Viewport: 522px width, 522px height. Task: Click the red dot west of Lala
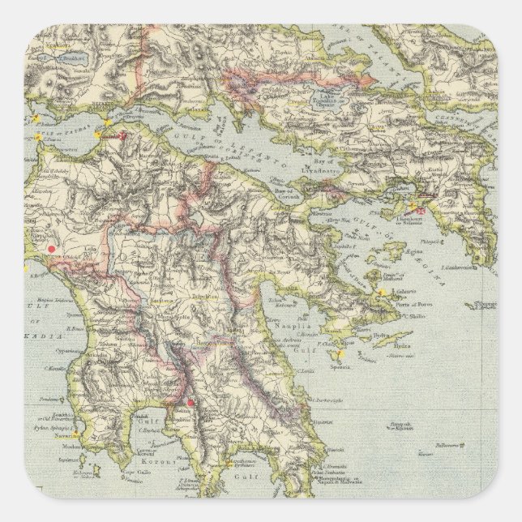[52, 250]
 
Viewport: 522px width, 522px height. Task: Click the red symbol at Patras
[121, 136]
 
